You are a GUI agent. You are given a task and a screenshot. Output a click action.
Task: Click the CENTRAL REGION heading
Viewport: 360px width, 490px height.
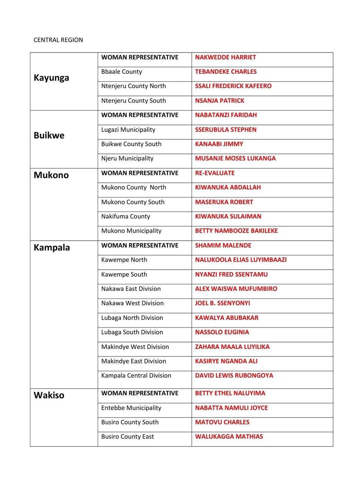point(58,40)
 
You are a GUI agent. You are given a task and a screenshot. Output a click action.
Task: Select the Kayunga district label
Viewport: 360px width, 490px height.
point(51,78)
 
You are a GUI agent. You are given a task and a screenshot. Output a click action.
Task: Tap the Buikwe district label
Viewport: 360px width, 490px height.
point(49,135)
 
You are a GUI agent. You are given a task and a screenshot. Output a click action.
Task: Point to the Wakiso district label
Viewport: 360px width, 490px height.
point(49,395)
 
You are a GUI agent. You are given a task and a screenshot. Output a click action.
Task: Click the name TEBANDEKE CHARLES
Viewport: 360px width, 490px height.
point(226,72)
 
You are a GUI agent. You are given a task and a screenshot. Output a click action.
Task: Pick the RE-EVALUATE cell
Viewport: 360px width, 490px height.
point(215,173)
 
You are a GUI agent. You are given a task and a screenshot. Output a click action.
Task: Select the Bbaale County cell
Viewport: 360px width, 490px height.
point(122,72)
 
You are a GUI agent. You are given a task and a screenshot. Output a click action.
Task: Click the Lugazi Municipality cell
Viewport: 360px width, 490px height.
point(128,130)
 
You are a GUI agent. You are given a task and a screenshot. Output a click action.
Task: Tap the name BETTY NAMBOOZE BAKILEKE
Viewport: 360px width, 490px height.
point(236,231)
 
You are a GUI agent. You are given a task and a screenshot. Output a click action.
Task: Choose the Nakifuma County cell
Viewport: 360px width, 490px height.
point(125,216)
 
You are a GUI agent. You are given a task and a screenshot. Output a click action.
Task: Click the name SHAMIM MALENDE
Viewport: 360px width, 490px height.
point(223,245)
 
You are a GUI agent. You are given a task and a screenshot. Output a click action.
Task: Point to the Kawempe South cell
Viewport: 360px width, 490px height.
point(124,274)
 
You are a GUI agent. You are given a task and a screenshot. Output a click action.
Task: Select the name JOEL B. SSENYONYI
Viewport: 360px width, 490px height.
point(222,303)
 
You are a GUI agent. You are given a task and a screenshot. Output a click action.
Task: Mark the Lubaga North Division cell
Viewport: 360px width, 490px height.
point(132,318)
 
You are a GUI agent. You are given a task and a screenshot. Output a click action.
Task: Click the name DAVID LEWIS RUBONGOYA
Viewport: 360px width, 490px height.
point(234,376)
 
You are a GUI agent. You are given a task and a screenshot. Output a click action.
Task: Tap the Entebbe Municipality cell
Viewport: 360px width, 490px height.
point(131,408)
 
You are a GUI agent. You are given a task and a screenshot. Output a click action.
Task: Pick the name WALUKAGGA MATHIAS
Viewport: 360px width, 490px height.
point(229,436)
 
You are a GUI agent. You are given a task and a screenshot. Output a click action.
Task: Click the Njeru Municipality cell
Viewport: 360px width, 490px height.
point(127,158)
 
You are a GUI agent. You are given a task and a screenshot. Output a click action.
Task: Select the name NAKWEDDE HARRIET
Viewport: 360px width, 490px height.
point(225,57)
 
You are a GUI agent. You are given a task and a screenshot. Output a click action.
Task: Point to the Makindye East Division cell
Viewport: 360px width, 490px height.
point(133,361)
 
